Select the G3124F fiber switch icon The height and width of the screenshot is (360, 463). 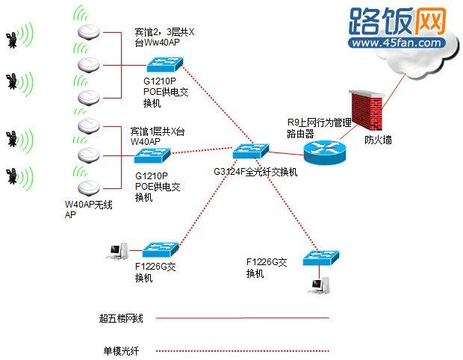[x=249, y=152]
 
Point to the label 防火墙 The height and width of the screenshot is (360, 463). [x=378, y=140]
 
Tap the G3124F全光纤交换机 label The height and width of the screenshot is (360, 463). [x=255, y=172]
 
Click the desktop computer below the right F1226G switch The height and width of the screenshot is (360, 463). [x=320, y=285]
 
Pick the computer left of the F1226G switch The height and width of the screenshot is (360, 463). [x=117, y=252]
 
